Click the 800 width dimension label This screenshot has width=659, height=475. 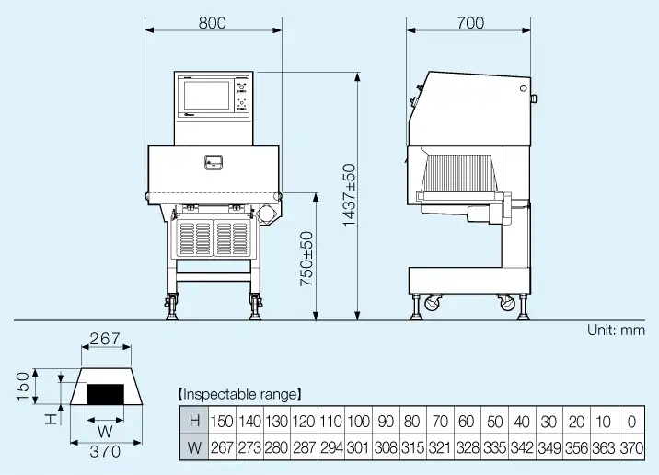(x=212, y=23)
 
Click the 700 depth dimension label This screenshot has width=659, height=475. (x=469, y=23)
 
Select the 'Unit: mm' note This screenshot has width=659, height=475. (x=617, y=330)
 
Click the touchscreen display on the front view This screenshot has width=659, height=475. (x=207, y=97)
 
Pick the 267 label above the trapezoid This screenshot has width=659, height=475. (x=105, y=340)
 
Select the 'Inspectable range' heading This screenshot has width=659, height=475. (x=238, y=394)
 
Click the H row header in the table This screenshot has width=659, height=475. (x=193, y=422)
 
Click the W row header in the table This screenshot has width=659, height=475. (x=193, y=447)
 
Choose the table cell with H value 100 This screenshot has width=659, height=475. (x=358, y=422)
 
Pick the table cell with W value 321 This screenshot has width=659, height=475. (x=440, y=447)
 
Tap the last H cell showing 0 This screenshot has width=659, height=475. (x=630, y=422)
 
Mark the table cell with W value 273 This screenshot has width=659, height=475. (x=249, y=447)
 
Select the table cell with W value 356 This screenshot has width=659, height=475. (x=576, y=447)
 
